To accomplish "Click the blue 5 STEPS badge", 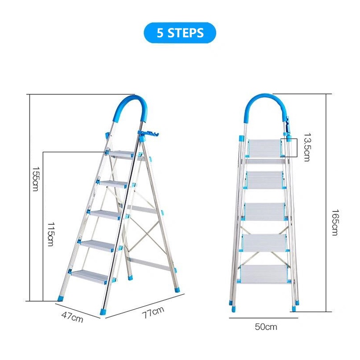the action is pos(180,33).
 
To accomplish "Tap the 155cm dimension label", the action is pos(36,179).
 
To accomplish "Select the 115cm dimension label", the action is pos(51,234).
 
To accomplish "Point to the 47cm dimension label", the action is pos(72,317).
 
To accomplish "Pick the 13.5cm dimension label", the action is pos(307,147).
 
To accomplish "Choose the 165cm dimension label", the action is pos(335,222).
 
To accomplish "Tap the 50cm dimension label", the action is pos(266,327).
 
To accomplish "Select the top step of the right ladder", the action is pos(265,148).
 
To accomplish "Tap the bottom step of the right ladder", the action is pos(264,274).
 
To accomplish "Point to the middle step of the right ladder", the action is pos(264,211).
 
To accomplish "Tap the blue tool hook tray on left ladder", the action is pos(149,134).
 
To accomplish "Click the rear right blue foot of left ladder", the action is pos(178,289).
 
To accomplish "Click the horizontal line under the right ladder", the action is pos(263,318).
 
